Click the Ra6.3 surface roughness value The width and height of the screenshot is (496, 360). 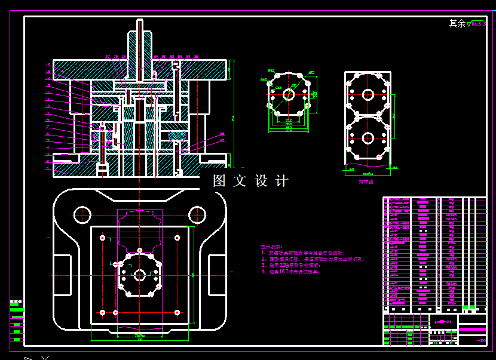point(479,24)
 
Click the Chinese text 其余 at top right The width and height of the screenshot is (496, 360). point(457,24)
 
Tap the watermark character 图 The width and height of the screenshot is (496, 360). point(219,181)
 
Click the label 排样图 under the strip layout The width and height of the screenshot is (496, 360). point(366,181)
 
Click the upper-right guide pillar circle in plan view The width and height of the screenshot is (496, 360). point(197,213)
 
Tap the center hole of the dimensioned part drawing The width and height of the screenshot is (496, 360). point(289,94)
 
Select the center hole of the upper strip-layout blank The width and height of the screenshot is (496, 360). point(368,94)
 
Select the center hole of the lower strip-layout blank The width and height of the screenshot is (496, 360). point(368,138)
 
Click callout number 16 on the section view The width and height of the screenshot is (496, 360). point(47,64)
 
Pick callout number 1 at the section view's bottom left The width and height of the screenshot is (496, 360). point(47,169)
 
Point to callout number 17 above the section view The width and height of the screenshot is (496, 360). point(108,57)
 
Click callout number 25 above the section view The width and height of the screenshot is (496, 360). point(196,57)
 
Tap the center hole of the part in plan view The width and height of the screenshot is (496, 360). point(139,275)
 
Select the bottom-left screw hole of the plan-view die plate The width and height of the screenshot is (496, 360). point(102,312)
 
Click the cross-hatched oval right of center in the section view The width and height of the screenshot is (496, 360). point(176,136)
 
